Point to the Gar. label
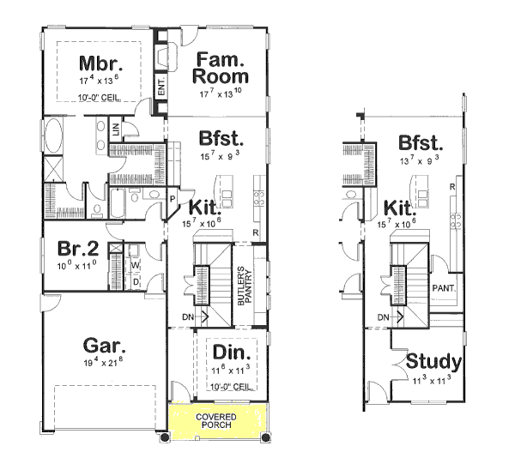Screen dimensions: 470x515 [x=105, y=346]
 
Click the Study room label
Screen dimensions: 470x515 [x=433, y=361]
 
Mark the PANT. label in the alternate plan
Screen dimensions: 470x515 [x=444, y=288]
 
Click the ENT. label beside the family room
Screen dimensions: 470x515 [x=161, y=87]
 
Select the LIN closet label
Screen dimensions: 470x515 [x=118, y=130]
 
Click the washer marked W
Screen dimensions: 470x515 [x=135, y=265]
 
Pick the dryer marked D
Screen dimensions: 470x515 [x=135, y=280]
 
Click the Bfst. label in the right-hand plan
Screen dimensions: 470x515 [x=420, y=142]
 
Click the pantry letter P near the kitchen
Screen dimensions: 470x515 [x=173, y=198]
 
